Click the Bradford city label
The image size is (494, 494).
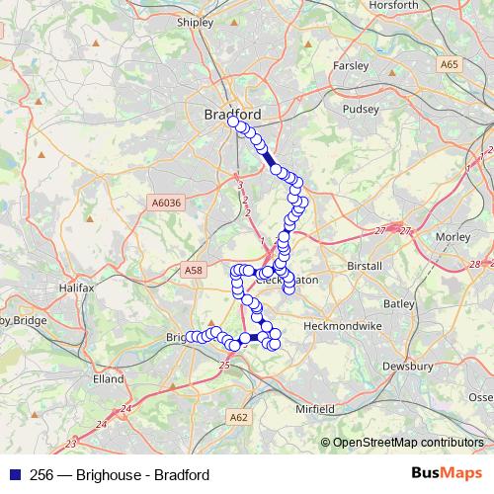pos(233,115)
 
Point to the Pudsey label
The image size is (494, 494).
pos(359,111)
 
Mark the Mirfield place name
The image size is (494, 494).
pos(316,408)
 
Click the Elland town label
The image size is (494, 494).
pos(109,378)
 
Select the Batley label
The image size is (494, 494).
pos(398,303)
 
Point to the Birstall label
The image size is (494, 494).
pos(365,266)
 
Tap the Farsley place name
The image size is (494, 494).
pos(351,66)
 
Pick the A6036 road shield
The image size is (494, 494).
pos(167,202)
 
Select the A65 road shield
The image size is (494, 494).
pos(451,64)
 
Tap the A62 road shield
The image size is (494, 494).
pos(238,418)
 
